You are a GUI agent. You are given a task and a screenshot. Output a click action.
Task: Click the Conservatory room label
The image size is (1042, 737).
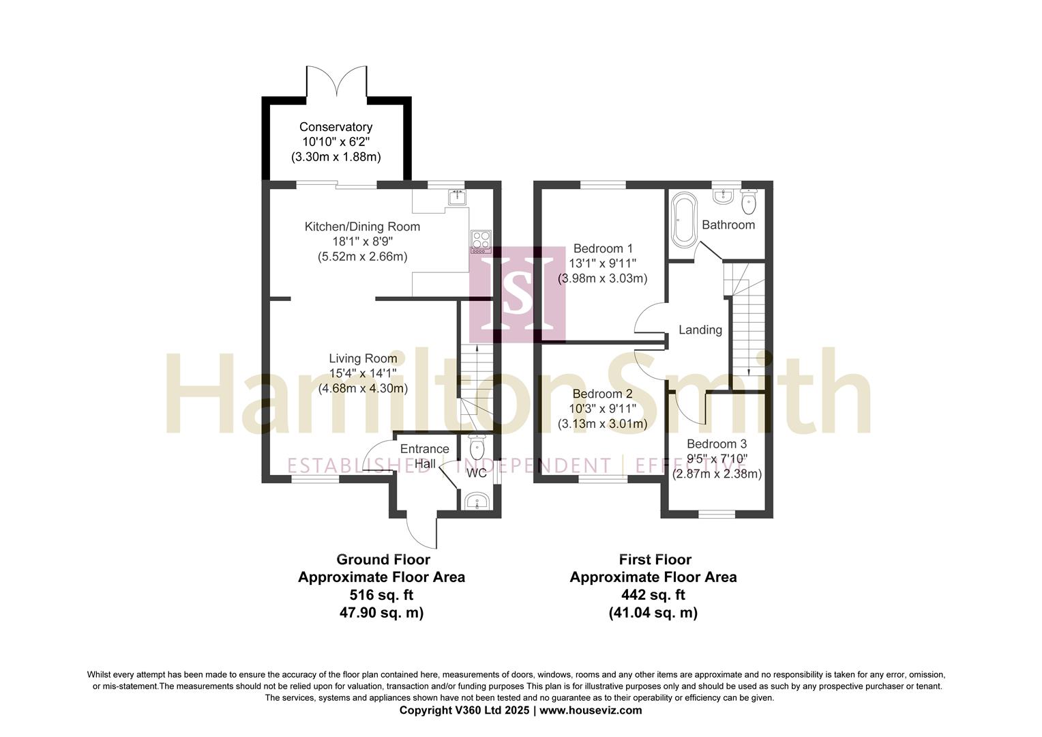(x=336, y=127)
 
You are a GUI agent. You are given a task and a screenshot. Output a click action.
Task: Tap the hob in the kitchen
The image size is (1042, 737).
(x=481, y=242)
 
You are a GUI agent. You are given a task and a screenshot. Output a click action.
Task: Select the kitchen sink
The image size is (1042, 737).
(x=458, y=197)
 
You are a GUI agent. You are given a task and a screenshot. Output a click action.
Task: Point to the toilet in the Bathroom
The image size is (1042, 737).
(x=749, y=201)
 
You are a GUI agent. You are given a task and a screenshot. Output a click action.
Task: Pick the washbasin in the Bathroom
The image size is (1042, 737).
(x=723, y=196)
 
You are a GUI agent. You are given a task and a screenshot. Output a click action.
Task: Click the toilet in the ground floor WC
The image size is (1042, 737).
(x=477, y=447)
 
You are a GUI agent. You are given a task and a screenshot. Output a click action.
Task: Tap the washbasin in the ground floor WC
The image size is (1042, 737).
(x=477, y=502)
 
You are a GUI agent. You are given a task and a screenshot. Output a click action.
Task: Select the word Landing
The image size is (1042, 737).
(x=700, y=330)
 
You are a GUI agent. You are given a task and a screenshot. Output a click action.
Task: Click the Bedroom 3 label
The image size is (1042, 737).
(x=717, y=444)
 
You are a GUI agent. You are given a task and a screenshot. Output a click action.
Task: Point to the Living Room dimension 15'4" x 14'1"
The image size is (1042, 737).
(x=363, y=373)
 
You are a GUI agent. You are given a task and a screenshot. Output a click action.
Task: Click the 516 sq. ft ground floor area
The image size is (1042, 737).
(x=381, y=595)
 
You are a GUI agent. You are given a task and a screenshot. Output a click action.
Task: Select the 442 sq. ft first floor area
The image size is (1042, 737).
(x=653, y=595)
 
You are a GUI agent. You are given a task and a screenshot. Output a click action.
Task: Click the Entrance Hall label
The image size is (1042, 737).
(x=425, y=457)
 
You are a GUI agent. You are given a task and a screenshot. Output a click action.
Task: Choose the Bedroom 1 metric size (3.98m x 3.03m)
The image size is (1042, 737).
(x=602, y=279)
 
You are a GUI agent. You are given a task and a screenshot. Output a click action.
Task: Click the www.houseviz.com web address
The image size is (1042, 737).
(x=591, y=710)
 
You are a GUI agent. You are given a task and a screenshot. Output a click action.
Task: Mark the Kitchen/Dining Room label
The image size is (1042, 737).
(x=362, y=227)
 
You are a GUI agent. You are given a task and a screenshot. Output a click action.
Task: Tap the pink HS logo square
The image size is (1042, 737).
(x=518, y=294)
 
